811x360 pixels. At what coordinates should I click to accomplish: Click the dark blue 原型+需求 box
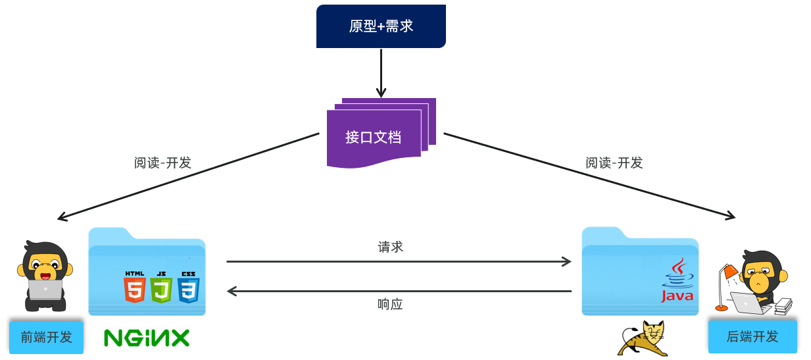[x=381, y=26]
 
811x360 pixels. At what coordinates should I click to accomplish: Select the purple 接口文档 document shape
[x=374, y=137]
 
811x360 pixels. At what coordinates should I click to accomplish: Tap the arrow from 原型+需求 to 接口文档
[x=381, y=72]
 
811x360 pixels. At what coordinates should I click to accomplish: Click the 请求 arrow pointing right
[x=399, y=262]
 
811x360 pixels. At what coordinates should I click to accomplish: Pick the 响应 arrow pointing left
[x=399, y=290]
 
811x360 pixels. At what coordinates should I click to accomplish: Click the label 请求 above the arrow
[x=390, y=247]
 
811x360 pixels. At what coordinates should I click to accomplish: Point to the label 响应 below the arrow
[x=390, y=305]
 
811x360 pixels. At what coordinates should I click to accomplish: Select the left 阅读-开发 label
[x=162, y=163]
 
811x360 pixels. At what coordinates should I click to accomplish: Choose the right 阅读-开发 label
[x=614, y=163]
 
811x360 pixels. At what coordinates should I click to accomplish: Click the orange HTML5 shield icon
[x=134, y=288]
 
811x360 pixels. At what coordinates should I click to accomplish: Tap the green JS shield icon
[x=161, y=288]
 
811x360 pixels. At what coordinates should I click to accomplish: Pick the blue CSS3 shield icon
[x=188, y=288]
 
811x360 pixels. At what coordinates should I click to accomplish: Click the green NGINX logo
[x=147, y=338]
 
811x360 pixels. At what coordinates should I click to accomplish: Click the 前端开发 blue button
[x=46, y=337]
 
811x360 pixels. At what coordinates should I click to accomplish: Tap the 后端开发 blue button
[x=752, y=336]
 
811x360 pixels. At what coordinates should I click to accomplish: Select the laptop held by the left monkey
[x=45, y=290]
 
